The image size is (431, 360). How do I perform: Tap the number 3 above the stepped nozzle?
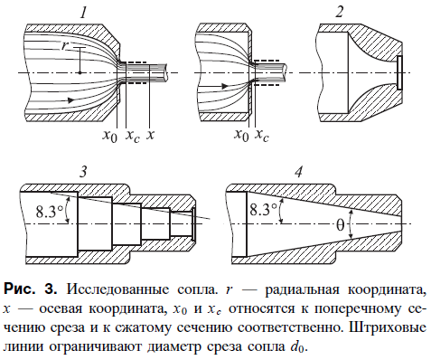click(x=83, y=171)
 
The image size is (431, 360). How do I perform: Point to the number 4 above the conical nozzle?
click(x=297, y=172)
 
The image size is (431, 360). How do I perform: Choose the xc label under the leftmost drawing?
click(x=131, y=136)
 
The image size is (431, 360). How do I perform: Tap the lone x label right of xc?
click(x=151, y=136)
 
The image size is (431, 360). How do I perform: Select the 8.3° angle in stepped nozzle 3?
click(x=51, y=211)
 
